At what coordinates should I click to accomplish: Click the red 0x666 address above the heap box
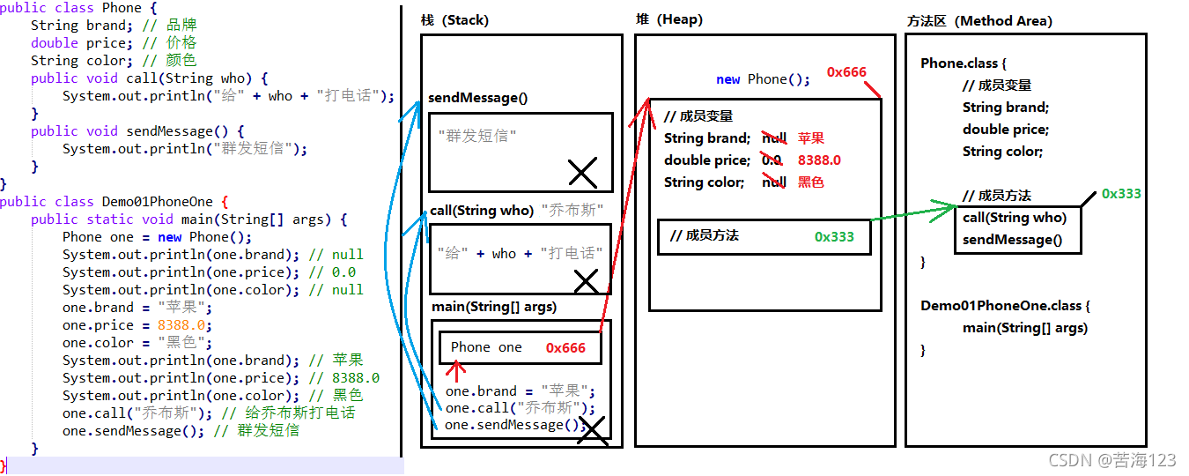(x=846, y=72)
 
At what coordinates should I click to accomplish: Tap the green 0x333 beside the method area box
(x=1121, y=194)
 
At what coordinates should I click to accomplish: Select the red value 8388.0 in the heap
(x=819, y=160)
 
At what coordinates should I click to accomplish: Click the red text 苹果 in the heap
(x=811, y=138)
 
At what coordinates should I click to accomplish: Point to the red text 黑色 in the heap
(x=811, y=182)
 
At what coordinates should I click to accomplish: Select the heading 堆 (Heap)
(x=668, y=20)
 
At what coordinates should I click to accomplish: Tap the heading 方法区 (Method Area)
(x=979, y=21)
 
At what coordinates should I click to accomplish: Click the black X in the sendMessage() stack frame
(x=582, y=173)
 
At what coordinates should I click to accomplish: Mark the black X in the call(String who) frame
(x=586, y=281)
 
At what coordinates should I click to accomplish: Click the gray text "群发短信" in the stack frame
(x=477, y=136)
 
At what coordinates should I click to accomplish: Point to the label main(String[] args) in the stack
(x=494, y=307)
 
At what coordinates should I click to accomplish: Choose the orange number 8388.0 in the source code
(x=181, y=325)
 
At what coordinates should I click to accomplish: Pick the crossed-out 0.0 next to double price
(x=771, y=160)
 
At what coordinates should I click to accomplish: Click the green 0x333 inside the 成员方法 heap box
(x=834, y=236)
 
